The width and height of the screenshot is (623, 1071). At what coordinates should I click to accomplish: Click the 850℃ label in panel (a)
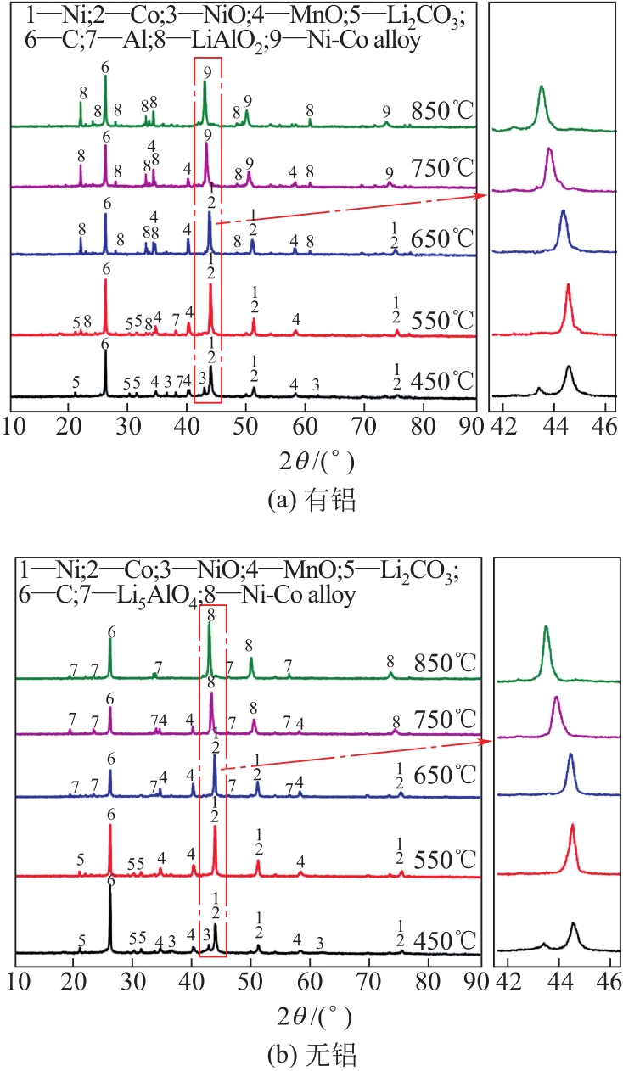[x=441, y=111]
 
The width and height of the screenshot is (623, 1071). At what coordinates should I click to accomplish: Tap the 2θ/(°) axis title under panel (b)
[x=311, y=1015]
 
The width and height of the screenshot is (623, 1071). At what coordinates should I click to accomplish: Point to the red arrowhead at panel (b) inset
[x=490, y=742]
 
